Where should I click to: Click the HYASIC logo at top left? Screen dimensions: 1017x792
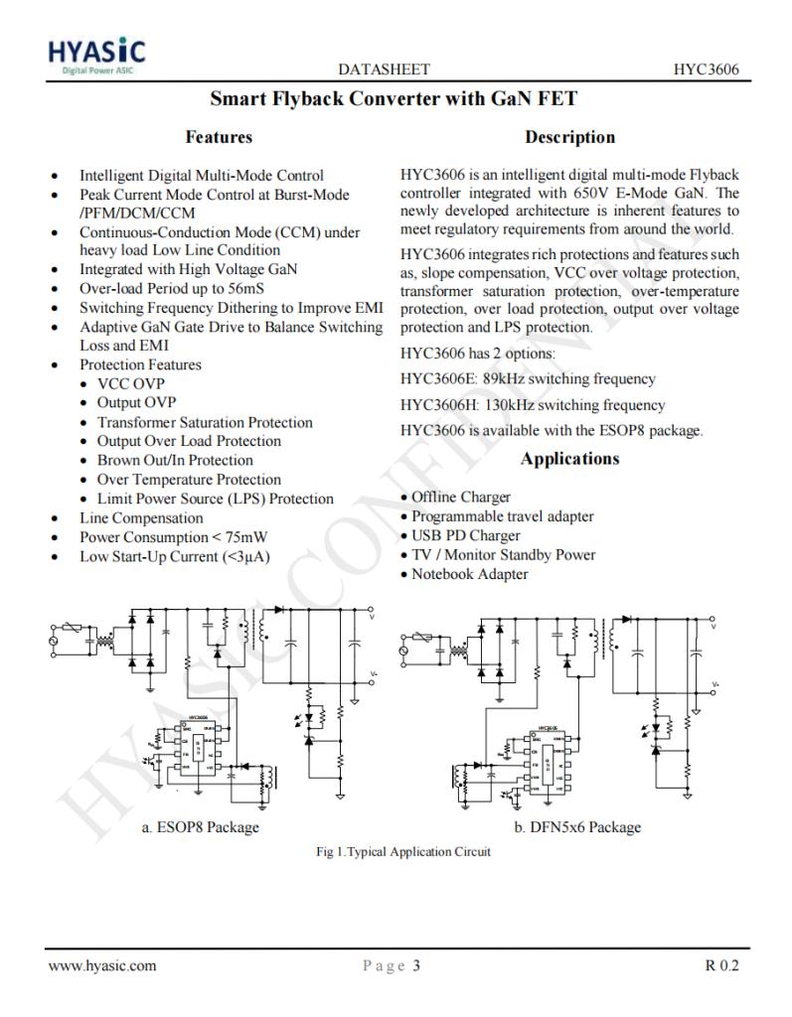[x=97, y=56]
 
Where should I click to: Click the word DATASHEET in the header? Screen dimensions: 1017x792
[x=384, y=70]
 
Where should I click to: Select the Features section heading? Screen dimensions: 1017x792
[x=219, y=137]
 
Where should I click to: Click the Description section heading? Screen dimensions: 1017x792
[x=569, y=137]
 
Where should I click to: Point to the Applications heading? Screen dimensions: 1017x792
[x=569, y=459]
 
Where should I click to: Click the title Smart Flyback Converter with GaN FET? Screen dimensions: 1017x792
[x=394, y=99]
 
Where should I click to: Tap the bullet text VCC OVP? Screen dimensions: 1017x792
[x=130, y=383]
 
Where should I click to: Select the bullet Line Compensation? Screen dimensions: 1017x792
[x=141, y=517]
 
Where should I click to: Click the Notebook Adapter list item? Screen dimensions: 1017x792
[x=469, y=574]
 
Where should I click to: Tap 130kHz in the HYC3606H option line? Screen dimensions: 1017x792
[x=511, y=405]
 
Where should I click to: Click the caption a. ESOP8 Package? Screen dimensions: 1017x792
[x=201, y=827]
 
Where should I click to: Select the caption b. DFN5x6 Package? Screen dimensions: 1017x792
[x=577, y=827]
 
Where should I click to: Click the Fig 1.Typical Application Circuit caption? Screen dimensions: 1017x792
[x=402, y=852]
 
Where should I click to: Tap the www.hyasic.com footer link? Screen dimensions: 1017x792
[x=102, y=965]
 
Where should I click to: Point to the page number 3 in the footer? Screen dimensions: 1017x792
[x=416, y=965]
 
